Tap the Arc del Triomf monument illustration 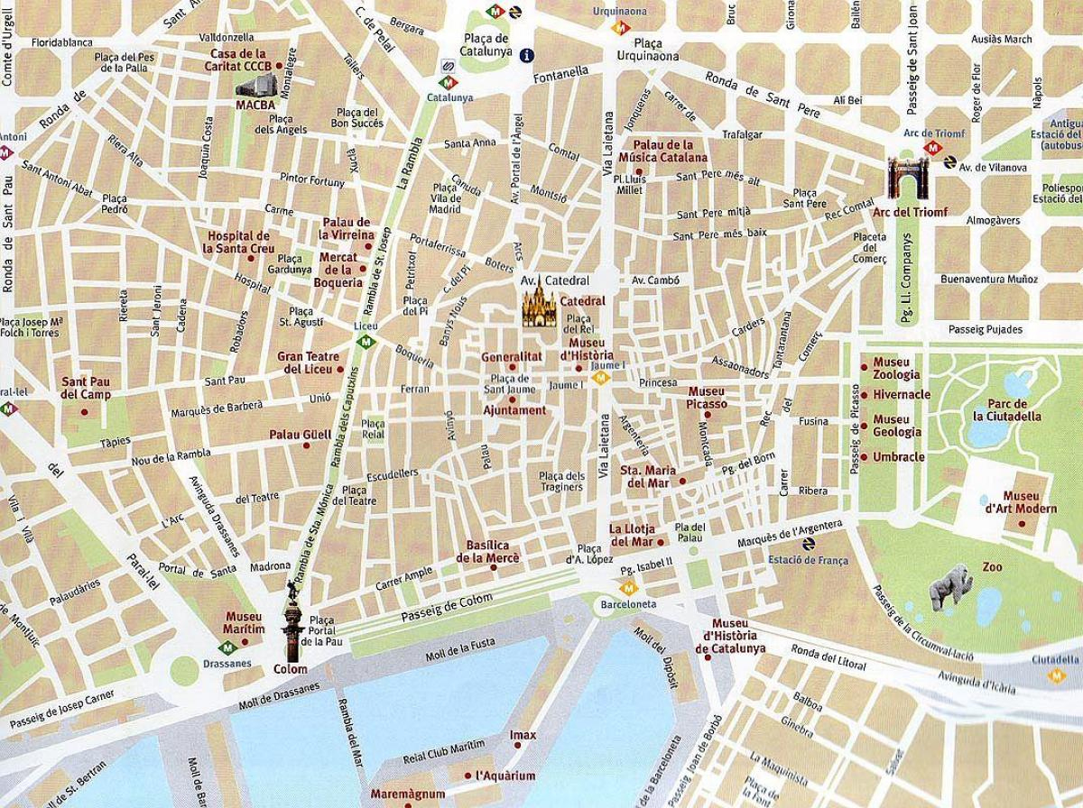coord(905,178)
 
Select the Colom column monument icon coord(292,621)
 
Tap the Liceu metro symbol coord(365,342)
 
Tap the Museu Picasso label coord(707,398)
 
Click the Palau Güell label coord(300,435)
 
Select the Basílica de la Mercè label coord(488,551)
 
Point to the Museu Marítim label coord(245,622)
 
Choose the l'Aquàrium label coord(505,776)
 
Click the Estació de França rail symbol coord(807,544)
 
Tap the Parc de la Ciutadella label coord(1007,410)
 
